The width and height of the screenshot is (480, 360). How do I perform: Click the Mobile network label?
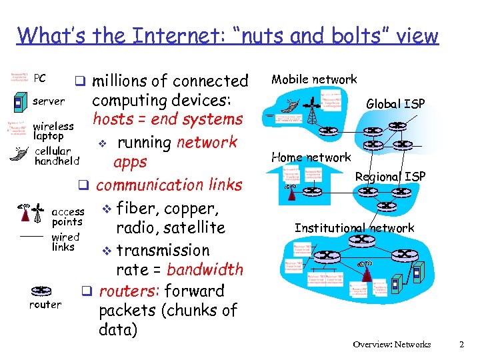(313, 79)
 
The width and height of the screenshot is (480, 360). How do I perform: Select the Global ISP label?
(395, 103)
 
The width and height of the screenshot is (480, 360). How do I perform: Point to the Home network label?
(311, 157)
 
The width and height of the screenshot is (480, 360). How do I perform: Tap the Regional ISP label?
(390, 177)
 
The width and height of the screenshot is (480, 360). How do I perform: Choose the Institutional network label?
(354, 228)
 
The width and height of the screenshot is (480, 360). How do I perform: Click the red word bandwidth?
(205, 270)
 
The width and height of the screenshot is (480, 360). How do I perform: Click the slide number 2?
(461, 345)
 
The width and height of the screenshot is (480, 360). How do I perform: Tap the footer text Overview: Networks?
(392, 345)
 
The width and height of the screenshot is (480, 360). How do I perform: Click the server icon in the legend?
(19, 102)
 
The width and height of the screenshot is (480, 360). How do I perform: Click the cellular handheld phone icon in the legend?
(19, 154)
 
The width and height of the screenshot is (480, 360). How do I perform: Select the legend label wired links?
(65, 242)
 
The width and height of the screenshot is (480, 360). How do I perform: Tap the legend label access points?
(67, 217)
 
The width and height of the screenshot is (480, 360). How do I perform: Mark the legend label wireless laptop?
(53, 131)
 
